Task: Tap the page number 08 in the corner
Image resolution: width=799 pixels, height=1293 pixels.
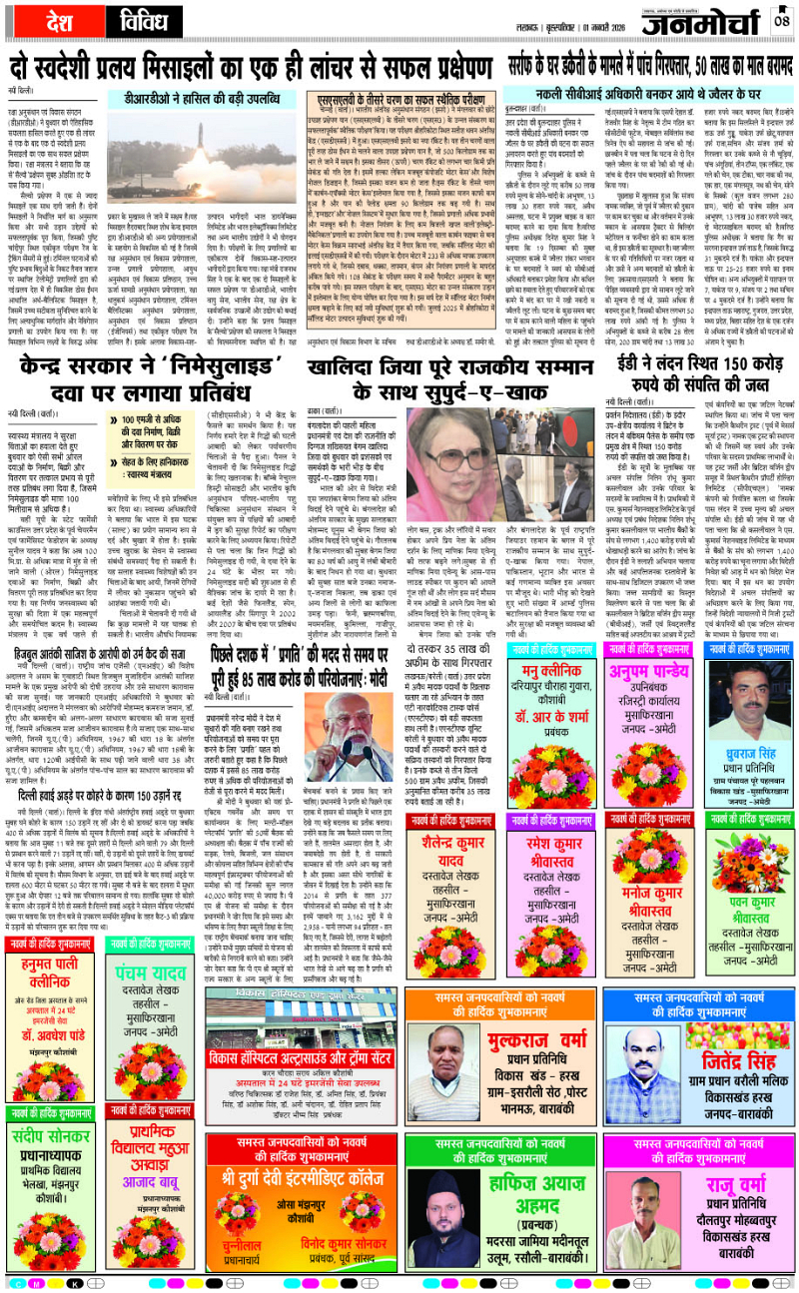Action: click(x=781, y=20)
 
